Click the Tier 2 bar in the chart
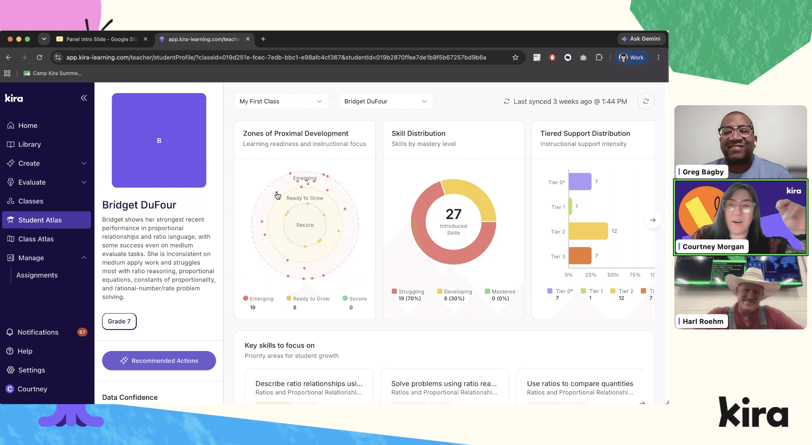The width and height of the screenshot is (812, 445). [588, 231]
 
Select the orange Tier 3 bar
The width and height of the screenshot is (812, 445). [580, 256]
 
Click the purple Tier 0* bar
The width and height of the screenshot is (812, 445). [580, 182]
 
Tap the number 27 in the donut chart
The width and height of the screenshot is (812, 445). [453, 214]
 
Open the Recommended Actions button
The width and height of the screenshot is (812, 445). [159, 361]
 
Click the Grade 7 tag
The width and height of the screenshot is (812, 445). [119, 321]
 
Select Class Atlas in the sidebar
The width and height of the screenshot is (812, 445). [36, 239]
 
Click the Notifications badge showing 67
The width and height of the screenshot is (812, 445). [82, 332]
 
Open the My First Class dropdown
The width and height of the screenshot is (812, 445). [281, 101]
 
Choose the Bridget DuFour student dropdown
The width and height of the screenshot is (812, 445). [386, 101]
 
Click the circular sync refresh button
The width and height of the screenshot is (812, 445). [646, 101]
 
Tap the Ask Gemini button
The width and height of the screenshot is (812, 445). [642, 39]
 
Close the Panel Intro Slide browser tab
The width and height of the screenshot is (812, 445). [146, 39]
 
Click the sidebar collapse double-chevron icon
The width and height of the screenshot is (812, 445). [84, 98]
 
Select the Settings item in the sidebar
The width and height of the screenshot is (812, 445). [31, 370]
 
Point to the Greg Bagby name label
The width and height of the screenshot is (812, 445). [702, 172]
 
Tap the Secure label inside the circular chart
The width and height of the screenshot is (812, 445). [305, 225]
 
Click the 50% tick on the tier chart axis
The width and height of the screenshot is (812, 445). [613, 275]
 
